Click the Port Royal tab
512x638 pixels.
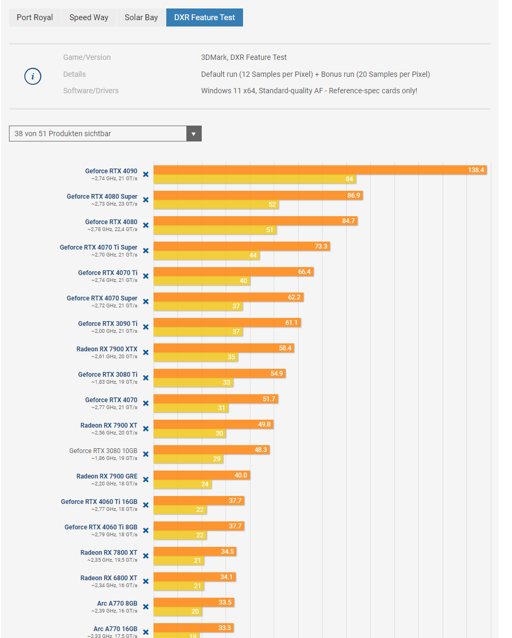tap(35, 17)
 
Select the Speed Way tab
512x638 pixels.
tap(89, 17)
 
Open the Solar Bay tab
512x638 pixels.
tap(141, 17)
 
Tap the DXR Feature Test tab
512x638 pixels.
tap(204, 17)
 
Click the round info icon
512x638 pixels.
tap(33, 76)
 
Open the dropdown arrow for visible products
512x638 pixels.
tap(194, 134)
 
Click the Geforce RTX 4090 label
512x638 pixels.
tap(111, 171)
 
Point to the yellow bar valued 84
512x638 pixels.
tap(255, 179)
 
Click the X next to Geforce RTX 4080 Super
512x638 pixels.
tap(146, 200)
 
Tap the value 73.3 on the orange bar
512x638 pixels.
tap(321, 246)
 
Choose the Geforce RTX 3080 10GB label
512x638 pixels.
tap(103, 451)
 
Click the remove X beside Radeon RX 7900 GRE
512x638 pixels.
tap(146, 480)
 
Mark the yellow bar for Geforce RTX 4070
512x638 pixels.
tap(191, 408)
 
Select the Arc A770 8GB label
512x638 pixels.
tap(117, 604)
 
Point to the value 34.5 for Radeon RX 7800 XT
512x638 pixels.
tap(227, 552)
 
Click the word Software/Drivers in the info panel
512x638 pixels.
tap(91, 91)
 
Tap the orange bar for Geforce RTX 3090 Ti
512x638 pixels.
tap(227, 323)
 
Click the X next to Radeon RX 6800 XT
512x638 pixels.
tap(146, 581)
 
